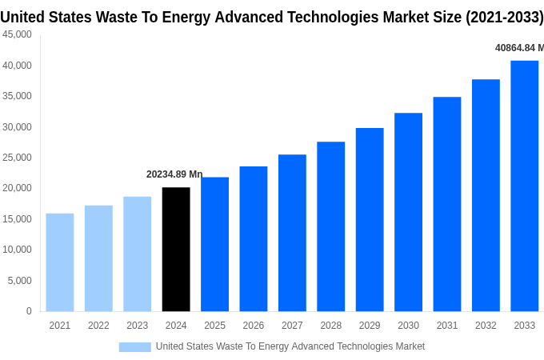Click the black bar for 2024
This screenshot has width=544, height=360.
176,249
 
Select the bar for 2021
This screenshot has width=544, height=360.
60,262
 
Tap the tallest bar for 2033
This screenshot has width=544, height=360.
524,186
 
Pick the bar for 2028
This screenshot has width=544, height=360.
330,226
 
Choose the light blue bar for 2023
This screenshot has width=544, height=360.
137,254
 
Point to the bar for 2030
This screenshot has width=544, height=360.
408,212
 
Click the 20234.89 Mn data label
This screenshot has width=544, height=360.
174,174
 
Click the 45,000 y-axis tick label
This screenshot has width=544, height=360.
17,34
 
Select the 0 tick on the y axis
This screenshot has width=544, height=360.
29,311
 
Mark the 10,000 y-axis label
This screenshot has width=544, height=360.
17,250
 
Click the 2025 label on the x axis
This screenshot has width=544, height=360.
214,326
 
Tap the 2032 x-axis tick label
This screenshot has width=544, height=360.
486,326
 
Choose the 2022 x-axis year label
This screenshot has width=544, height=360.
98,326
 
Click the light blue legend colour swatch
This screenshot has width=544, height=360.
134,346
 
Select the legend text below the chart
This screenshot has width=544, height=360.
290,346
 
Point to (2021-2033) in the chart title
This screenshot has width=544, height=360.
504,18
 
